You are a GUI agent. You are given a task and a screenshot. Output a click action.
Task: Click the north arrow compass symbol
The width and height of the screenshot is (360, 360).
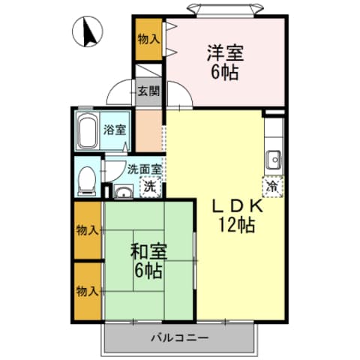(88, 32)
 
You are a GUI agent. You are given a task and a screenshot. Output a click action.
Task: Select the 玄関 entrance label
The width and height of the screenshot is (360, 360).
(148, 92)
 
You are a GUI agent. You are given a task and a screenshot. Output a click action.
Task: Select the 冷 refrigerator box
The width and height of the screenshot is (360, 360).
(272, 184)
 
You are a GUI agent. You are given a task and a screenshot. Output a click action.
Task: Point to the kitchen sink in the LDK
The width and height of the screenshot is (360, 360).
(273, 159)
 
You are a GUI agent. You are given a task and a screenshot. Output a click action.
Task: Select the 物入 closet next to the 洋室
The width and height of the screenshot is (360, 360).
(148, 37)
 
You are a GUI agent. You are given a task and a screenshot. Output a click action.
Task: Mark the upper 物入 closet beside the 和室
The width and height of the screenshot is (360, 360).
(88, 229)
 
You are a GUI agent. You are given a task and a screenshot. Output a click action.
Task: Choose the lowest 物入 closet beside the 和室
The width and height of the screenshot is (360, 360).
(88, 289)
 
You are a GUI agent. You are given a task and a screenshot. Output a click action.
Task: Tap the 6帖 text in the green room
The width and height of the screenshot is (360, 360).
(148, 269)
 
